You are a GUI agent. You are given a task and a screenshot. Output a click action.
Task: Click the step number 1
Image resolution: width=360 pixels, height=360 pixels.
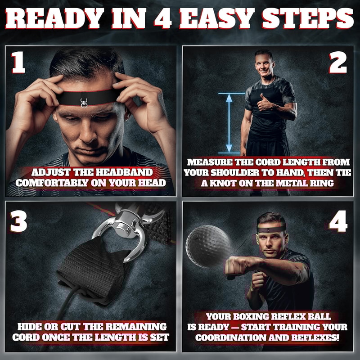coord(18,63)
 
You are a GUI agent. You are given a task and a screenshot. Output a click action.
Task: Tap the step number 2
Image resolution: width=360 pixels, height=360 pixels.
coord(339,63)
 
